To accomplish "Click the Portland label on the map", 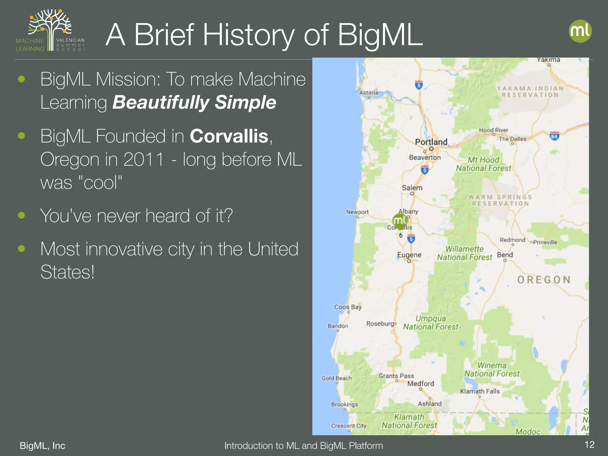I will point(431,142).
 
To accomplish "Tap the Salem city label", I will point(412,188).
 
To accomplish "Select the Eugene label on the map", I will point(409,255).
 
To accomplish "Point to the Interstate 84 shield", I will point(554,136).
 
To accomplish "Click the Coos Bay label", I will point(348,307).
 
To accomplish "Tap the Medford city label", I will point(420,384).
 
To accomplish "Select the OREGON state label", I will point(544,280).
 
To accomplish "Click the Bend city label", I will point(505,255).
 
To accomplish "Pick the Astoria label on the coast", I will point(368,93).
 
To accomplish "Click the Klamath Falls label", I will point(480,391).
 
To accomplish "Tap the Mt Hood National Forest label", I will point(483,164).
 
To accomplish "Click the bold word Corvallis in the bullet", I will point(229,136).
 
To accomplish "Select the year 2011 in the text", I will point(143,159).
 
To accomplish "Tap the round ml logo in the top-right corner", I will point(580,31).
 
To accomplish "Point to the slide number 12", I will point(589,444).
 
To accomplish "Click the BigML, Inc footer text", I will point(42,446).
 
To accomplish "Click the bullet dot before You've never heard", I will point(21,215).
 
